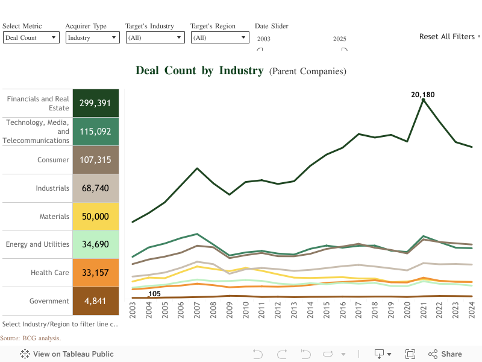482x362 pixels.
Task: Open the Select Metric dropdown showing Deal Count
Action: tap(31, 37)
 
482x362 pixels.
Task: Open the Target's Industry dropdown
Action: tap(155, 37)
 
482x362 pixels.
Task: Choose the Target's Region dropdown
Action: tap(220, 37)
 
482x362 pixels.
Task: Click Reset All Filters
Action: tap(447, 37)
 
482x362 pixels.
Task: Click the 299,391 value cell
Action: tap(96, 103)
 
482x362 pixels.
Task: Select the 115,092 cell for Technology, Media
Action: tap(96, 131)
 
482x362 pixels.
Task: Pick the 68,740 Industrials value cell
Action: tap(96, 188)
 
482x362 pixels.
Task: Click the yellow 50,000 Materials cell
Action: tap(96, 217)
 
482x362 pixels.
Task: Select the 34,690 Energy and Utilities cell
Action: tap(96, 244)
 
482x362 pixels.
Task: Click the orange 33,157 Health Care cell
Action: tap(96, 273)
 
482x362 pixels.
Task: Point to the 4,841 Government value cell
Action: tap(96, 301)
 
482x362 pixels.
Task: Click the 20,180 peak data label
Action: tap(423, 95)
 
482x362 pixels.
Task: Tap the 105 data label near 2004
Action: tap(154, 294)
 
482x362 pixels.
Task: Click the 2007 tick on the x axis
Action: tap(197, 313)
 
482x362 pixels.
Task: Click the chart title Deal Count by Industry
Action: tap(199, 71)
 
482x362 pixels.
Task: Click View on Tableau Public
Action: tap(67, 354)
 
